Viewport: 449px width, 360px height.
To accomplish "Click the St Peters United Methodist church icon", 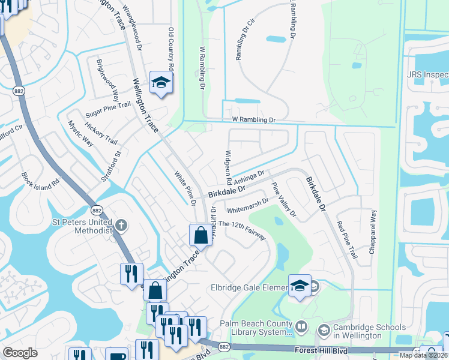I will pyautogui.click(x=121, y=226).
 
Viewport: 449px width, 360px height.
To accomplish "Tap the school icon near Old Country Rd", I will pyautogui.click(x=161, y=84).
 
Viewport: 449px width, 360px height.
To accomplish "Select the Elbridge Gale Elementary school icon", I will pyautogui.click(x=298, y=287).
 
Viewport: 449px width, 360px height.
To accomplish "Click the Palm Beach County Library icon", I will pyautogui.click(x=302, y=328).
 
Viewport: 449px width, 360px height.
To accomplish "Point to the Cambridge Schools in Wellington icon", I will pyautogui.click(x=324, y=329).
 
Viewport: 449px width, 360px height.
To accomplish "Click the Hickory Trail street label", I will pyautogui.click(x=101, y=133).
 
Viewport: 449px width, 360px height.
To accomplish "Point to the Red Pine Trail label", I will pyautogui.click(x=346, y=241).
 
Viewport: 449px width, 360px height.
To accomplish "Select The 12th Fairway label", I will pyautogui.click(x=242, y=230).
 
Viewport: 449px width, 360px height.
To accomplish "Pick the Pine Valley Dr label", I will pyautogui.click(x=284, y=199).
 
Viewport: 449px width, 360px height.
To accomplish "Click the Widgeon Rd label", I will pyautogui.click(x=228, y=167).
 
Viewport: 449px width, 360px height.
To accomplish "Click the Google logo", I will pyautogui.click(x=20, y=353).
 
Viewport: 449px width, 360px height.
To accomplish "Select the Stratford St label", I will pyautogui.click(x=111, y=166).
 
